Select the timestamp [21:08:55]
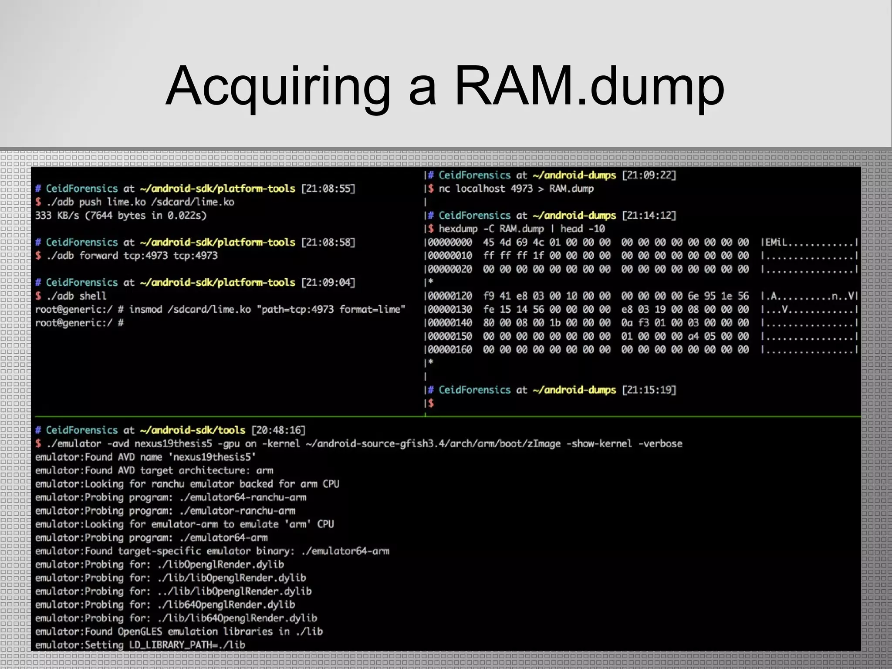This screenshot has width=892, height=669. click(328, 189)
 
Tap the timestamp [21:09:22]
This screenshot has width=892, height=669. click(649, 175)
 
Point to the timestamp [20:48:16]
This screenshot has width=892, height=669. click(279, 430)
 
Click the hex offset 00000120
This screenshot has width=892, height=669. click(450, 296)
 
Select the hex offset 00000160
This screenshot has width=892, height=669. click(450, 350)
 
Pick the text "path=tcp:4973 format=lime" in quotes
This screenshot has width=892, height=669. click(331, 310)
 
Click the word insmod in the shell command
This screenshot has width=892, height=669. click(145, 310)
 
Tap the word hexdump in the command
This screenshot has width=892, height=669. click(458, 229)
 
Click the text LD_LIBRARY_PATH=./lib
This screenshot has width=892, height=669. click(187, 645)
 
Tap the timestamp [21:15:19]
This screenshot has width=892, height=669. click(649, 390)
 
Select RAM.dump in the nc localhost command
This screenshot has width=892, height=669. click(571, 189)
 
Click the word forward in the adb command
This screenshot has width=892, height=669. click(98, 256)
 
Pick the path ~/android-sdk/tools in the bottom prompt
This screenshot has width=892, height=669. click(193, 430)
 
